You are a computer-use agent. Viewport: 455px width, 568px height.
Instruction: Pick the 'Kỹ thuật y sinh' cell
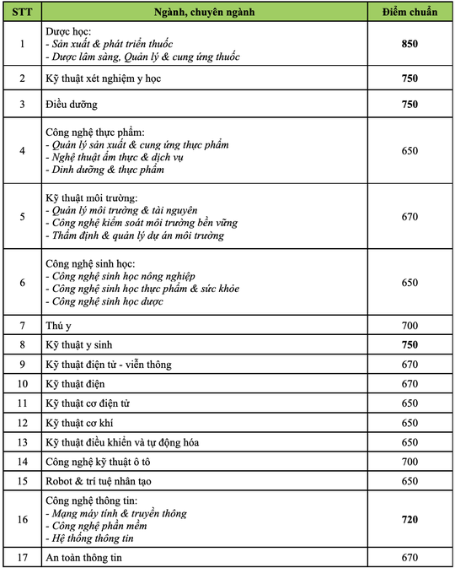click(x=78, y=344)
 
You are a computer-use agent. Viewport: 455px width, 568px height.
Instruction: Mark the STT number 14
click(x=22, y=462)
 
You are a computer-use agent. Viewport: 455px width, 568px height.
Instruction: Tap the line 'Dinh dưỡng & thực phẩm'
click(x=104, y=169)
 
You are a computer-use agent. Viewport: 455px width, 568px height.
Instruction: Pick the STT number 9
click(x=22, y=364)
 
